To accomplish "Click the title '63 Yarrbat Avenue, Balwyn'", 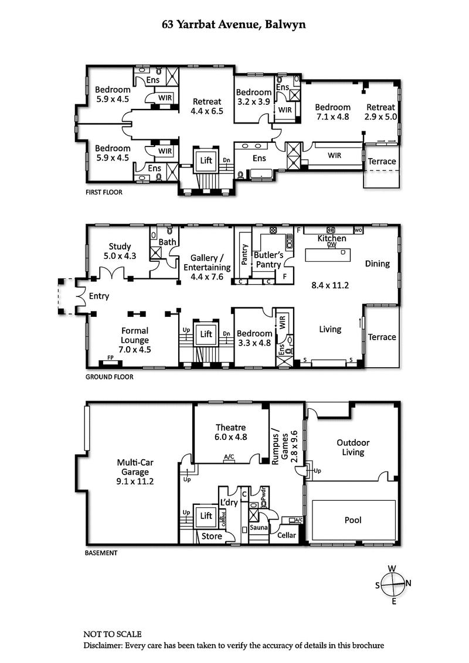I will [x=234, y=25].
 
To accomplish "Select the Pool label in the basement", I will [x=353, y=520].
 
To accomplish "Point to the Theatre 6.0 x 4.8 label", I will [x=230, y=432].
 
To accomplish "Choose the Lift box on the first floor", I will [x=206, y=159].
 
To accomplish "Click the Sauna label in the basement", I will [x=259, y=527].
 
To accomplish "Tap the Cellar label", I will [x=287, y=534].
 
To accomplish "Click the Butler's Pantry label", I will [x=269, y=259].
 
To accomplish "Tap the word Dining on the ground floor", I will [x=377, y=264].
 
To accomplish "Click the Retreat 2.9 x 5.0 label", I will [x=381, y=111].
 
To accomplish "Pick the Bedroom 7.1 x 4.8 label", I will [x=332, y=111].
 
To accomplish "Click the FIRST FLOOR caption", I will [x=104, y=192].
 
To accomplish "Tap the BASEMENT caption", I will [x=101, y=552].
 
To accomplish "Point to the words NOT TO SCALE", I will [x=112, y=634].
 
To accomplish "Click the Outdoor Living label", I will [x=353, y=447].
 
